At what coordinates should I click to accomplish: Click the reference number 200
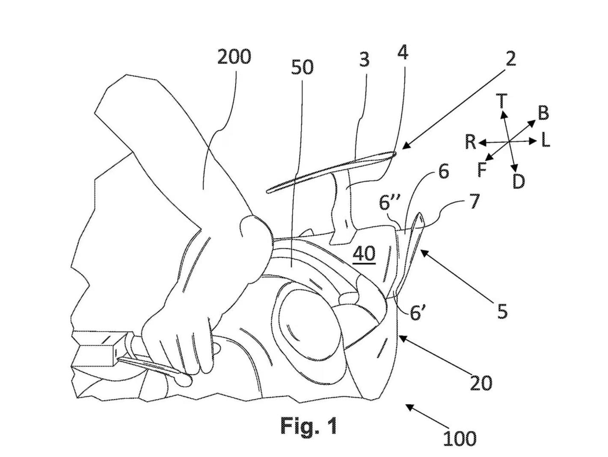coord(234,56)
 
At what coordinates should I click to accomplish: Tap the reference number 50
coord(302,67)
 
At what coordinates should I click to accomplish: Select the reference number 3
coord(364,60)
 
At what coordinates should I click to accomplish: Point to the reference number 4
coord(403,52)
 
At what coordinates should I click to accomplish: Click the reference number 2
coord(510,59)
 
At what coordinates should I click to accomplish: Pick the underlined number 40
coord(364,254)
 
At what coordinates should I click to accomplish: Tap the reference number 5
coord(502,312)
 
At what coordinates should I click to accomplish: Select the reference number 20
coord(481,383)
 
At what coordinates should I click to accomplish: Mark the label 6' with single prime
coord(417,313)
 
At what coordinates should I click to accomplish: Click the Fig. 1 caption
coord(308,426)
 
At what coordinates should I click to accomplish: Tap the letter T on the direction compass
coord(501,101)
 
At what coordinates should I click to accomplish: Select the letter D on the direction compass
coord(518,182)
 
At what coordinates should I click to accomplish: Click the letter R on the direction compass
coord(470,141)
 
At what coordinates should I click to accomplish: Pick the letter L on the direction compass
coord(545,140)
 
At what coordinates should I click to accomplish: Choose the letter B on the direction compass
coord(543,113)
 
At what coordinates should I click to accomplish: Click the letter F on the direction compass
coord(482,170)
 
